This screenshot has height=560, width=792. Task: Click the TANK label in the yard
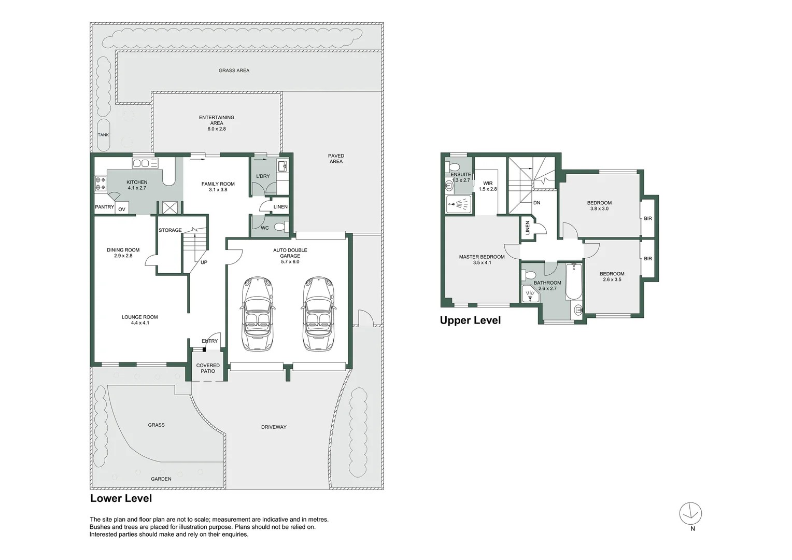(104, 135)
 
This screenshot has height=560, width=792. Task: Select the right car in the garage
(318, 314)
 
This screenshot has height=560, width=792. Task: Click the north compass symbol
(690, 514)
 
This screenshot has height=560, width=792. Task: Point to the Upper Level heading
(470, 320)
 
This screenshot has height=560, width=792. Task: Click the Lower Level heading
(121, 498)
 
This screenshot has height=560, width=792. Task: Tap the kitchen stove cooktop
(100, 184)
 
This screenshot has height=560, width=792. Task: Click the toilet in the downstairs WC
(280, 227)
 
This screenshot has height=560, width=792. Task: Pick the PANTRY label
(104, 207)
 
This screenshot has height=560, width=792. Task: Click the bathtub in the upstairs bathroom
(573, 282)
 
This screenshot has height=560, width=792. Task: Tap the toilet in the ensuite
(454, 167)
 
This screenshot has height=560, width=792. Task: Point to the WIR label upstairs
(488, 184)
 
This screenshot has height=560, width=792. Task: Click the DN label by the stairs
(536, 203)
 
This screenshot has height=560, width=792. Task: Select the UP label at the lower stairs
(204, 262)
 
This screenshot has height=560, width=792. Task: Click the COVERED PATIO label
(208, 368)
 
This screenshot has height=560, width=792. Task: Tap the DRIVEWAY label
(274, 427)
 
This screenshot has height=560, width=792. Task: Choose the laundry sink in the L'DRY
(282, 166)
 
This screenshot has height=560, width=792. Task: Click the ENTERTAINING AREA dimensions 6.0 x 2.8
(217, 129)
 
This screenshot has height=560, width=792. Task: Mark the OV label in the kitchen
(122, 209)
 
